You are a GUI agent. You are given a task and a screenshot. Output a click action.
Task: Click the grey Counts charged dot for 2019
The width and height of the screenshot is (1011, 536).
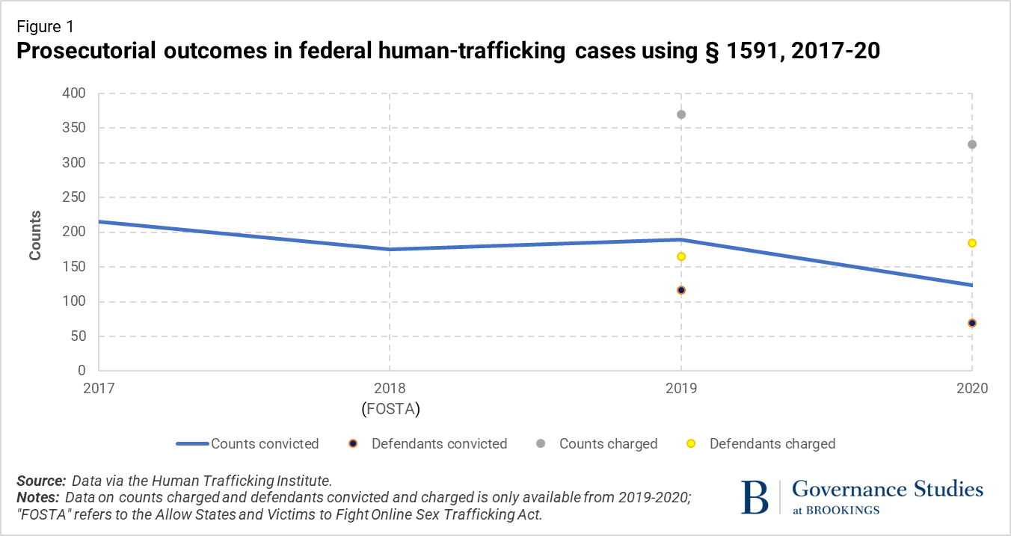[681, 114]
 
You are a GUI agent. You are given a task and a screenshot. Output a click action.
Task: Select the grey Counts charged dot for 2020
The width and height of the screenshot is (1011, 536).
[972, 144]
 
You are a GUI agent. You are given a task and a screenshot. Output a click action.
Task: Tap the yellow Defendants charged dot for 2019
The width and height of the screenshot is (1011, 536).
[681, 256]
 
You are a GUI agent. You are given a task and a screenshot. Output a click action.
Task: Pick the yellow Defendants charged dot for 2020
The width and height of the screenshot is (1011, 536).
[972, 243]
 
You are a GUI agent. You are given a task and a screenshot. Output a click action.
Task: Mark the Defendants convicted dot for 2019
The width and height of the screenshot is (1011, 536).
[681, 290]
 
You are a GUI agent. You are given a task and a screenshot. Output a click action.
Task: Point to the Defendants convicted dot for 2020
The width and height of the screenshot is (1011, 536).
[972, 323]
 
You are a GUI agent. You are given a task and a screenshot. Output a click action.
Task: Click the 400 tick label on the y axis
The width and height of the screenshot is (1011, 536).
[76, 93]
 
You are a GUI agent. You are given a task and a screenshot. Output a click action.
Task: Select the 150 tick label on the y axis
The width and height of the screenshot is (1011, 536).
[76, 267]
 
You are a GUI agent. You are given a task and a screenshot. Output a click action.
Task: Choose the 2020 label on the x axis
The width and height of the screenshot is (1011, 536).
[972, 389]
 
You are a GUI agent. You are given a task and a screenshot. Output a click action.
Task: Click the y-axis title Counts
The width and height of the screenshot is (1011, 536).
[35, 235]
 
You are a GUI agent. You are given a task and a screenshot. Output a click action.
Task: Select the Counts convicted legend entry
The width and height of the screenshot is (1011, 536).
[248, 443]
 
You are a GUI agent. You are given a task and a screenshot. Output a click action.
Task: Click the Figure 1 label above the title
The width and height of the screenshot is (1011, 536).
[45, 27]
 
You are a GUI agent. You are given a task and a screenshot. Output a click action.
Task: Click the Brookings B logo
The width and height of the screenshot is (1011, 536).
[755, 497]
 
